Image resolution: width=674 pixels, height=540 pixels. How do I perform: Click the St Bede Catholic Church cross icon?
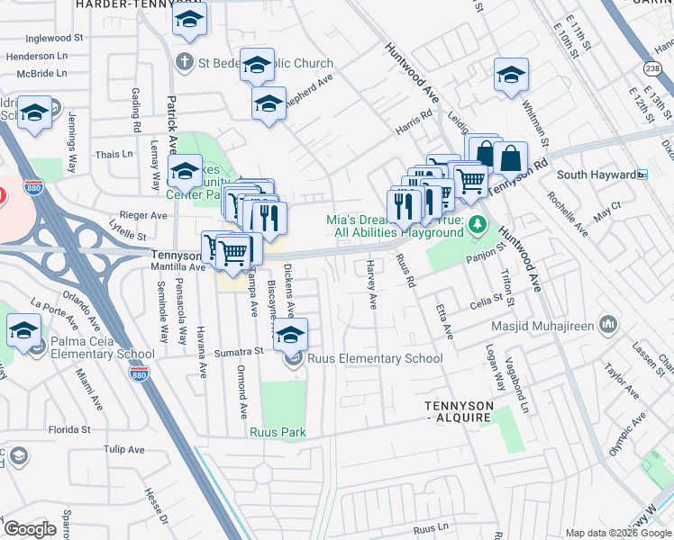tap(184, 63)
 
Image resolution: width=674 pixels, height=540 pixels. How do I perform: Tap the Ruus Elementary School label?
tap(375, 358)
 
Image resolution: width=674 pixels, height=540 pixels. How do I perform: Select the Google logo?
tap(30, 528)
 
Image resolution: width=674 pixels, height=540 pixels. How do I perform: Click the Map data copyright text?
tap(617, 533)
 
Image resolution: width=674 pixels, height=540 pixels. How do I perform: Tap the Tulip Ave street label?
tap(123, 449)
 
